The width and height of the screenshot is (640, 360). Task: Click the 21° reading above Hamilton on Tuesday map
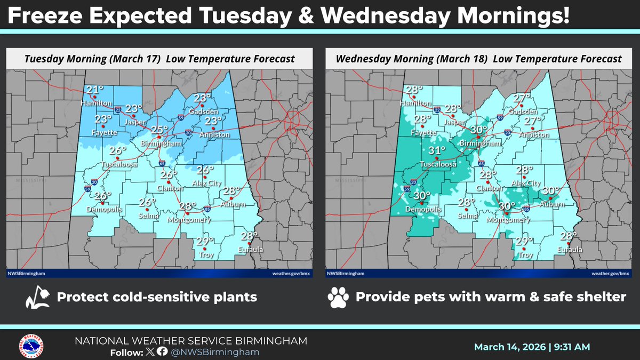95,90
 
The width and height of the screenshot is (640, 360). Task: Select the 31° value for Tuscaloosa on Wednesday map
437,151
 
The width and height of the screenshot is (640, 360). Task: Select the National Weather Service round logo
31,346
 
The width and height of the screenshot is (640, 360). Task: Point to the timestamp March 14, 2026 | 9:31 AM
532,347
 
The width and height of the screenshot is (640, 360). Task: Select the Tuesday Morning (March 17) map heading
159,59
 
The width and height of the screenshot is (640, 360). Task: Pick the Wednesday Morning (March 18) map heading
478,59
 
